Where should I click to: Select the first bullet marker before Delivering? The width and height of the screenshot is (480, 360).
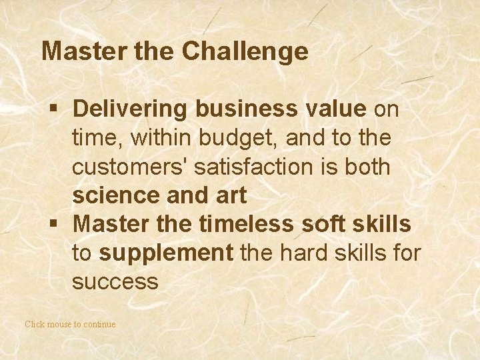click(58, 109)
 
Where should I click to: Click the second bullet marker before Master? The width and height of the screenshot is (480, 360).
click(58, 225)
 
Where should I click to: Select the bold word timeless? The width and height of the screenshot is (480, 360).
click(245, 225)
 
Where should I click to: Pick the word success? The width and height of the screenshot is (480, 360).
click(115, 282)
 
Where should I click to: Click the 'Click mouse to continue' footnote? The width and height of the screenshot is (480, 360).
click(70, 324)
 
